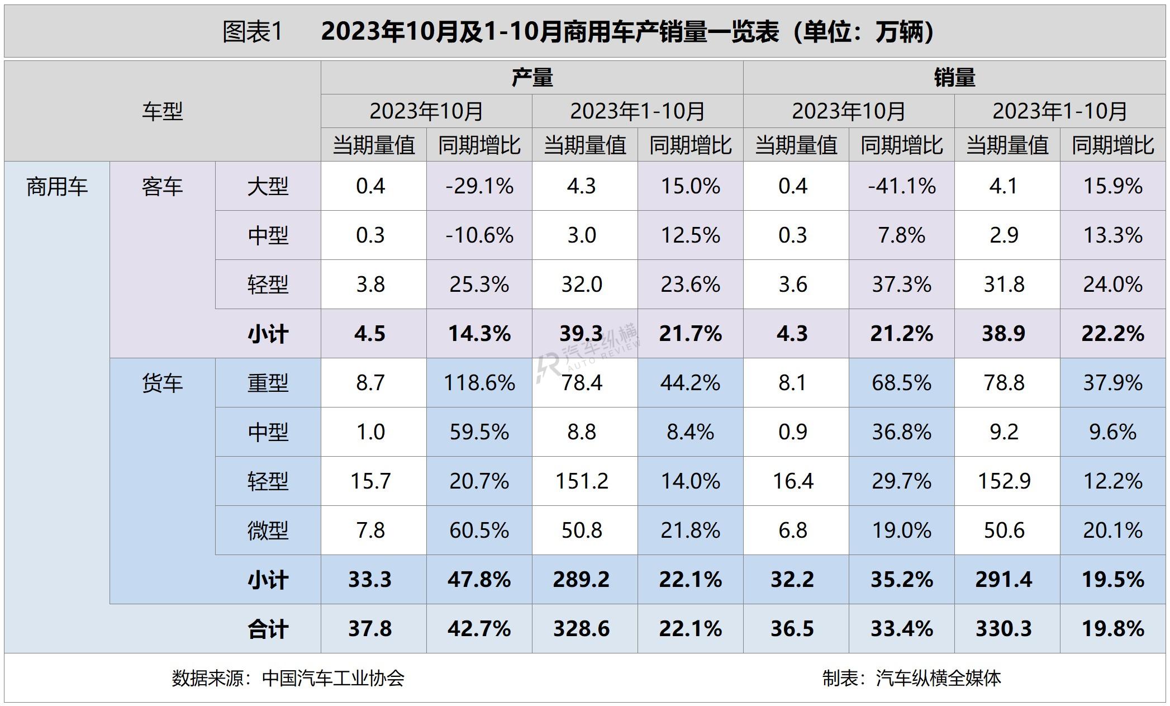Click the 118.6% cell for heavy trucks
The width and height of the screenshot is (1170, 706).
[x=479, y=383]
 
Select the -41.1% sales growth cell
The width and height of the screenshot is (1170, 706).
[x=901, y=186]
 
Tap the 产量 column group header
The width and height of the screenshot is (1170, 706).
[x=532, y=78]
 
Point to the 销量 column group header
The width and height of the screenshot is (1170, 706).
[x=954, y=78]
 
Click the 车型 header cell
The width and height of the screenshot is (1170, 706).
[x=162, y=111]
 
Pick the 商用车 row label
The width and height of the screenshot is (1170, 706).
[x=57, y=187]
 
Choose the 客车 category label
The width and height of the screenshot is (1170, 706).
[x=162, y=187]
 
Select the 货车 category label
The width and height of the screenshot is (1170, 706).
[x=162, y=383]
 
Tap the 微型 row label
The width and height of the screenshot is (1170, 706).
[x=268, y=530]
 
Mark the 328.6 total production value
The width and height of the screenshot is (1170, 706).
[x=581, y=629]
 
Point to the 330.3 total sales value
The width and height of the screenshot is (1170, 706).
[x=1003, y=629]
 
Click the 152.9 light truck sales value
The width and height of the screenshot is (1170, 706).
[x=1004, y=481]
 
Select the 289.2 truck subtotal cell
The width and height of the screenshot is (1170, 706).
[x=581, y=580]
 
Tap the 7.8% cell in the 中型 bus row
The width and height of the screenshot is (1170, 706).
[x=901, y=235]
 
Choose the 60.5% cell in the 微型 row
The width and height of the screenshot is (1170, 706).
[x=479, y=530]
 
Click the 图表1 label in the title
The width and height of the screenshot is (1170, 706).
[x=253, y=32]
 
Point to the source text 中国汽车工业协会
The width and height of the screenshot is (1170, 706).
[x=333, y=678]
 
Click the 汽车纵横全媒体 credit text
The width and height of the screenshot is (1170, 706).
[x=938, y=678]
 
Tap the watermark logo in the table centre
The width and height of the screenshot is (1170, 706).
[x=587, y=352]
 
